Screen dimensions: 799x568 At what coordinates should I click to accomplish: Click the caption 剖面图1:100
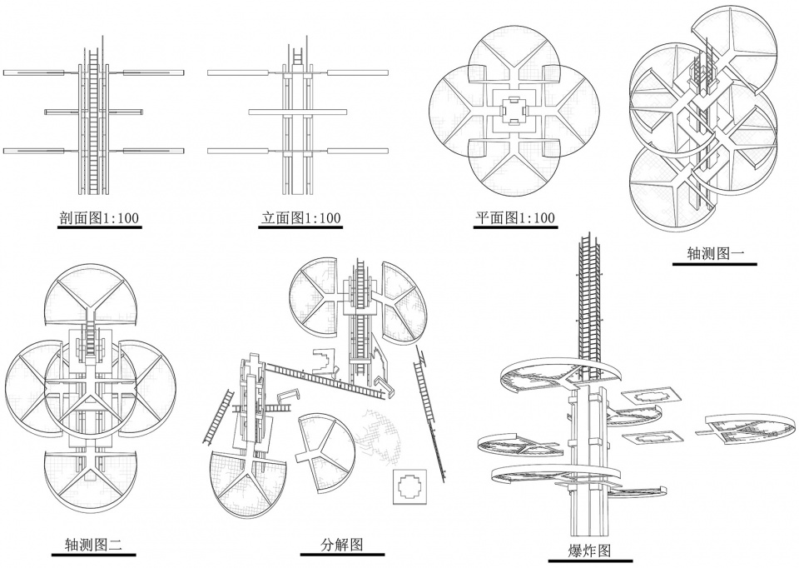(99, 217)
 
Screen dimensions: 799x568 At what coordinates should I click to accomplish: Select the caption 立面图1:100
(300, 217)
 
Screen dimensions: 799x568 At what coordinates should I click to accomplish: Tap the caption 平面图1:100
(514, 217)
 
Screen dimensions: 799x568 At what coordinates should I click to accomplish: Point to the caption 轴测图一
(715, 253)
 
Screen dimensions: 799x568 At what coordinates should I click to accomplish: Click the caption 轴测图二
(93, 545)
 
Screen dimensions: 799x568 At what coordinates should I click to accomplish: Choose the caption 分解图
(342, 545)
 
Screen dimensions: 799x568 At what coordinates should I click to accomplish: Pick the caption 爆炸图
(589, 551)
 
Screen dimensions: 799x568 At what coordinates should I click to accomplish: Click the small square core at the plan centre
(514, 111)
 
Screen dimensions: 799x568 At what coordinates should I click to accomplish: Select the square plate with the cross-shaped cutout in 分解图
(410, 487)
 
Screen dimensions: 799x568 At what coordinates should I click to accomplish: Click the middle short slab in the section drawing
(94, 112)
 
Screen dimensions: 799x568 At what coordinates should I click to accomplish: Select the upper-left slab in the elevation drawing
(238, 73)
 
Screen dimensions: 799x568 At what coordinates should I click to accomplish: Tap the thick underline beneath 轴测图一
(714, 264)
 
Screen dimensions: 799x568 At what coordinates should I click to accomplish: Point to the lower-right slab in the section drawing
(153, 151)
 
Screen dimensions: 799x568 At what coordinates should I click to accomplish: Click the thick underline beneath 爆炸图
(589, 561)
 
